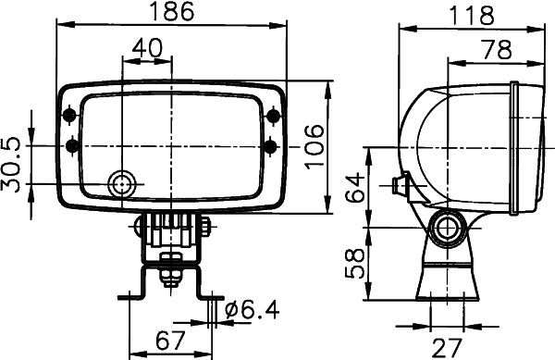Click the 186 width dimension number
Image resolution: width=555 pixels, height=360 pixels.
[173, 12]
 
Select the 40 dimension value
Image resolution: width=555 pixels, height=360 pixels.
[147, 48]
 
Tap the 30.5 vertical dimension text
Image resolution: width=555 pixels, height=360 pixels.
[12, 165]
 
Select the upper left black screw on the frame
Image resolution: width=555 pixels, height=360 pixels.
[71, 115]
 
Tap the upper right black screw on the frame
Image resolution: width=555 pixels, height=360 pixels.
[271, 115]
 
